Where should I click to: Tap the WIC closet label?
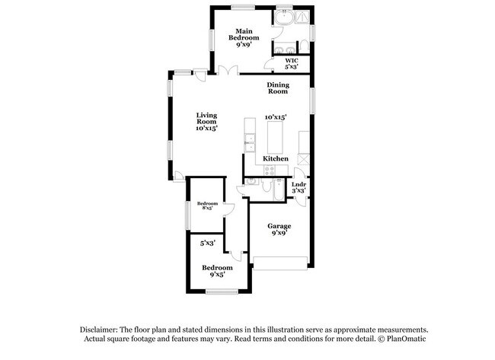(x=291, y=63)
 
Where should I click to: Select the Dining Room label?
(x=277, y=88)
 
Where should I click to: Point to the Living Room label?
(x=207, y=122)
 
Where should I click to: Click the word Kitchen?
(x=276, y=158)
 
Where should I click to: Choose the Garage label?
(x=279, y=230)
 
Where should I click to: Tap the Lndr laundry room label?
(x=299, y=187)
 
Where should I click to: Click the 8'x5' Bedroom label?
(x=207, y=206)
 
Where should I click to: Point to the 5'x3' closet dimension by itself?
(x=207, y=244)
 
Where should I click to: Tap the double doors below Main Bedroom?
(x=225, y=70)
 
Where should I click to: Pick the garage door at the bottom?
(x=279, y=263)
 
